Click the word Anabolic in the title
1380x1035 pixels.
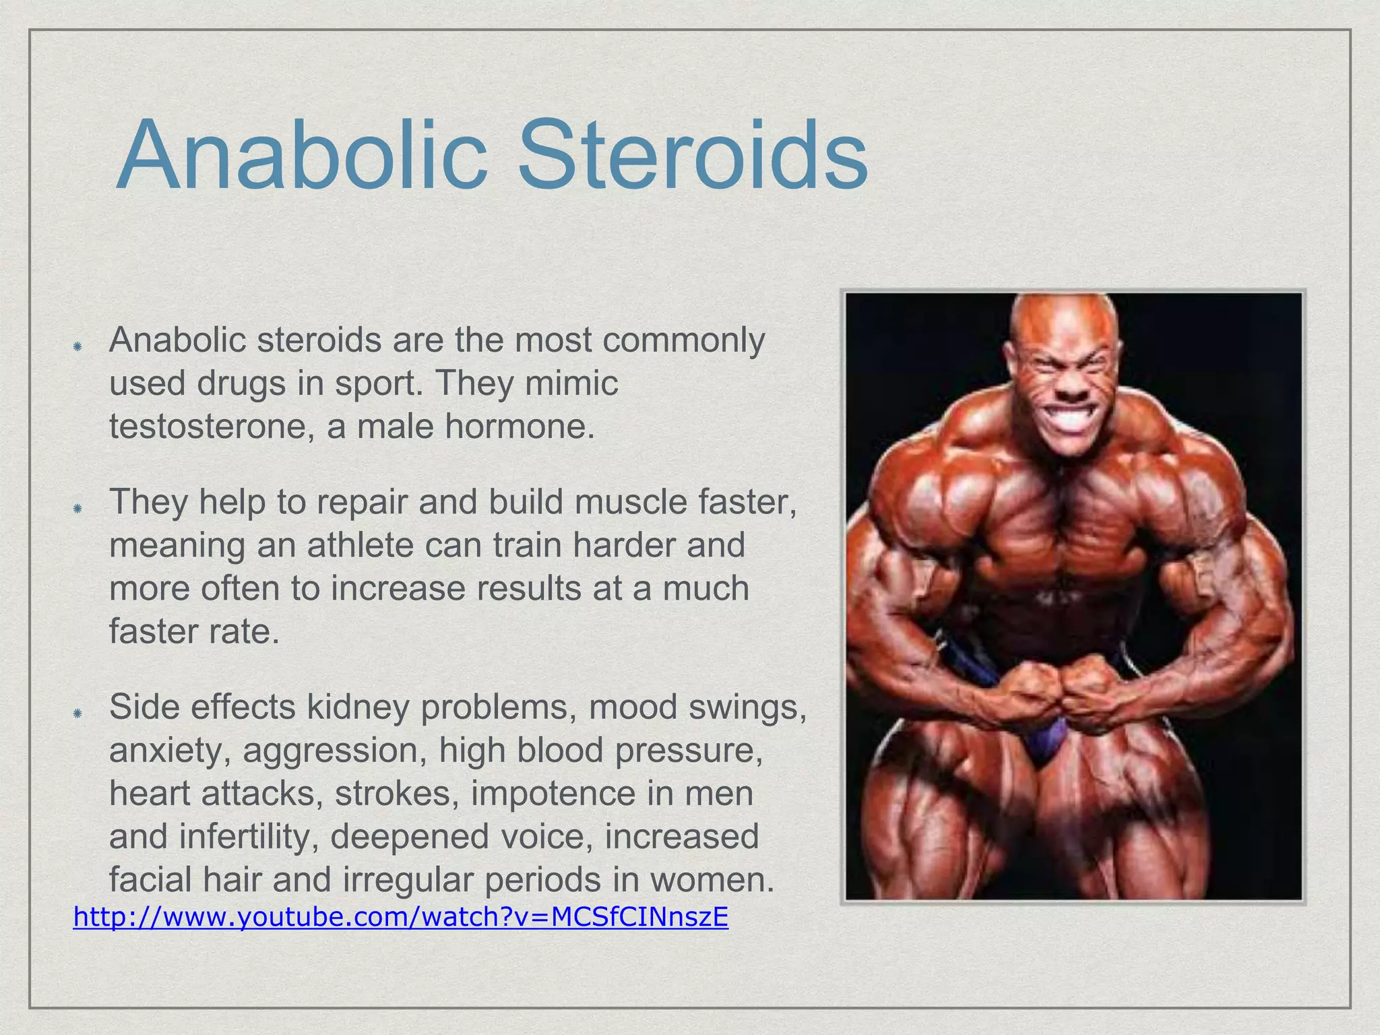point(301,156)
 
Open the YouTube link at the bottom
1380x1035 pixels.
point(400,917)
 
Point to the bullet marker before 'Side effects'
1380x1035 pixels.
point(77,713)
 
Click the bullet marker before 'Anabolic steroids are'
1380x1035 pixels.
point(77,346)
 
